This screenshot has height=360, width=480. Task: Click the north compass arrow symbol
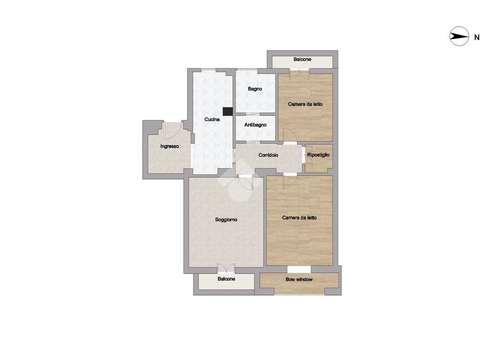click(x=459, y=37)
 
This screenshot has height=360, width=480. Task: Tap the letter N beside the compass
click(x=476, y=37)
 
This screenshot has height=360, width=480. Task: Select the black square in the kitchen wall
click(x=228, y=111)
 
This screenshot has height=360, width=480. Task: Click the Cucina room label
click(x=212, y=120)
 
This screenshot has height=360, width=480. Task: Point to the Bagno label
click(x=255, y=89)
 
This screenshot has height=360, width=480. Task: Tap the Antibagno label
click(x=255, y=125)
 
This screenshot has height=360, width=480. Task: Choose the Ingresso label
click(x=170, y=146)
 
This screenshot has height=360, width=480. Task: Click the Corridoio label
click(x=269, y=155)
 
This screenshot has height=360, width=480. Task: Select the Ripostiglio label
click(x=318, y=155)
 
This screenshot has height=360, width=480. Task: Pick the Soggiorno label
click(x=226, y=219)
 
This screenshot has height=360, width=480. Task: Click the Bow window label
click(x=299, y=280)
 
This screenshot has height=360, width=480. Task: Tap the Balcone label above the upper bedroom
click(x=302, y=60)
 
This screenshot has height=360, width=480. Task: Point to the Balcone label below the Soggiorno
click(x=226, y=279)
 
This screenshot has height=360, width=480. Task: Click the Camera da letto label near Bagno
click(x=305, y=104)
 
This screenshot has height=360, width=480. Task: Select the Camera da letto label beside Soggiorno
click(x=299, y=217)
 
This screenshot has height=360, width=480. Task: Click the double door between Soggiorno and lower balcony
click(x=226, y=269)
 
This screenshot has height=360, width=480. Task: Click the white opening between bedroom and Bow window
click(x=299, y=269)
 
